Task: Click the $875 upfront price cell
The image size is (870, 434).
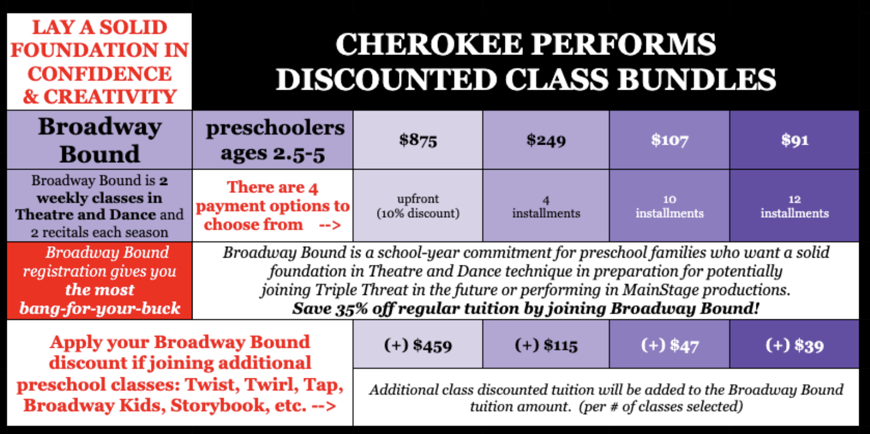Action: pos(418,140)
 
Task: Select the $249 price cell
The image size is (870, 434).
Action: pos(546,140)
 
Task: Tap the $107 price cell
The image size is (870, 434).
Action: pos(670,140)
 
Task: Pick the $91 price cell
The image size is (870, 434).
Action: pos(794,140)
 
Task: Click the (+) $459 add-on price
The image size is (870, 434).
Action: pos(418,345)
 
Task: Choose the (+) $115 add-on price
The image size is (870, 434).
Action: pos(546,345)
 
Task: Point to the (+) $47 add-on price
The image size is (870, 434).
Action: pos(670,345)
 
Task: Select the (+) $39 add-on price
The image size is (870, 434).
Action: pos(794,345)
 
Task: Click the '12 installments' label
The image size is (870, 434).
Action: pos(794,207)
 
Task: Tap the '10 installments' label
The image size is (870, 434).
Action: pos(670,207)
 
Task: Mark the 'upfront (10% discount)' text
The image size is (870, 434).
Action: pos(418,206)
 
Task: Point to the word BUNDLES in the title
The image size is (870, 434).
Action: pos(697,79)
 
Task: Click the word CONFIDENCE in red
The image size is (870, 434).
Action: pos(99,74)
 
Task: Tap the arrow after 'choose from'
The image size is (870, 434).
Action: pos(330,225)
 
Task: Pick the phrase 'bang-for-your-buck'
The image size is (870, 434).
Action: pos(100,308)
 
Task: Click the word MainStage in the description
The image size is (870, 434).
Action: pos(660,290)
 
